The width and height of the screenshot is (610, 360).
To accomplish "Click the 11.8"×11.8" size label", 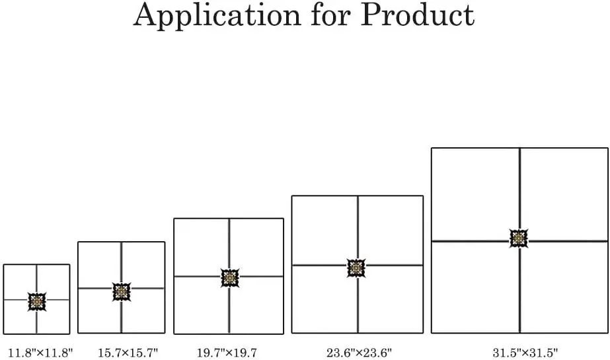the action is click(40, 352).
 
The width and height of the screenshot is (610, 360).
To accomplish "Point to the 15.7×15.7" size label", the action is click(128, 352).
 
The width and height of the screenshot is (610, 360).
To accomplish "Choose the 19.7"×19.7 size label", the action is click(227, 352).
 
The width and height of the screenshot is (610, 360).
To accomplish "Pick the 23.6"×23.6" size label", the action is click(359, 352).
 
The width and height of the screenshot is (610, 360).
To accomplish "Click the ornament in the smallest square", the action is click(37, 301).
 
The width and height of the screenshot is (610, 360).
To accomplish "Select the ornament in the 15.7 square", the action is click(122, 291).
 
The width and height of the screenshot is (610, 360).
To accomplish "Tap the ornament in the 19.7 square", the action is click(229, 278).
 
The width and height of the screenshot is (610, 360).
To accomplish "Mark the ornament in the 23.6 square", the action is click(356, 268).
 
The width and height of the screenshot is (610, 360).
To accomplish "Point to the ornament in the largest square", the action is click(519, 238).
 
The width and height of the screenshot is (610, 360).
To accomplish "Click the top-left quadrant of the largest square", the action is click(475, 194).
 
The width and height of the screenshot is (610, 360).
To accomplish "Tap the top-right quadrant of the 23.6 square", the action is click(391, 230).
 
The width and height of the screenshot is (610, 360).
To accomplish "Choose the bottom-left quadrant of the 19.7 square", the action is click(201, 306).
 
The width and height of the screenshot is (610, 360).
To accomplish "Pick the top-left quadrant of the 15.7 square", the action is click(100, 265).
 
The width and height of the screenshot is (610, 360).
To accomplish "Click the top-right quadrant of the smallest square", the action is click(54, 282).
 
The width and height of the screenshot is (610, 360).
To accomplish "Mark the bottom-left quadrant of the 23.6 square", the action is click(324, 299).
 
